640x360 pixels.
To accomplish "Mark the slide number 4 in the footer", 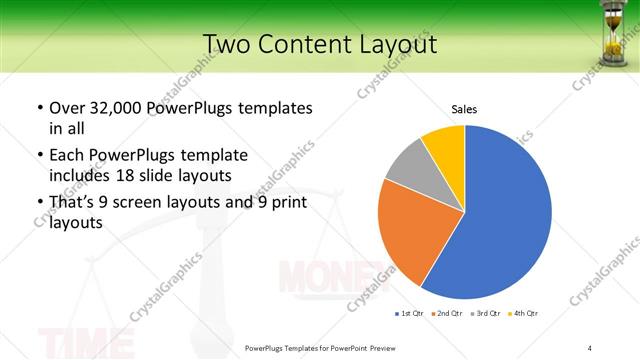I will pos(590,347).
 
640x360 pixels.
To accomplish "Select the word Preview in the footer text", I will pos(379,347).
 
